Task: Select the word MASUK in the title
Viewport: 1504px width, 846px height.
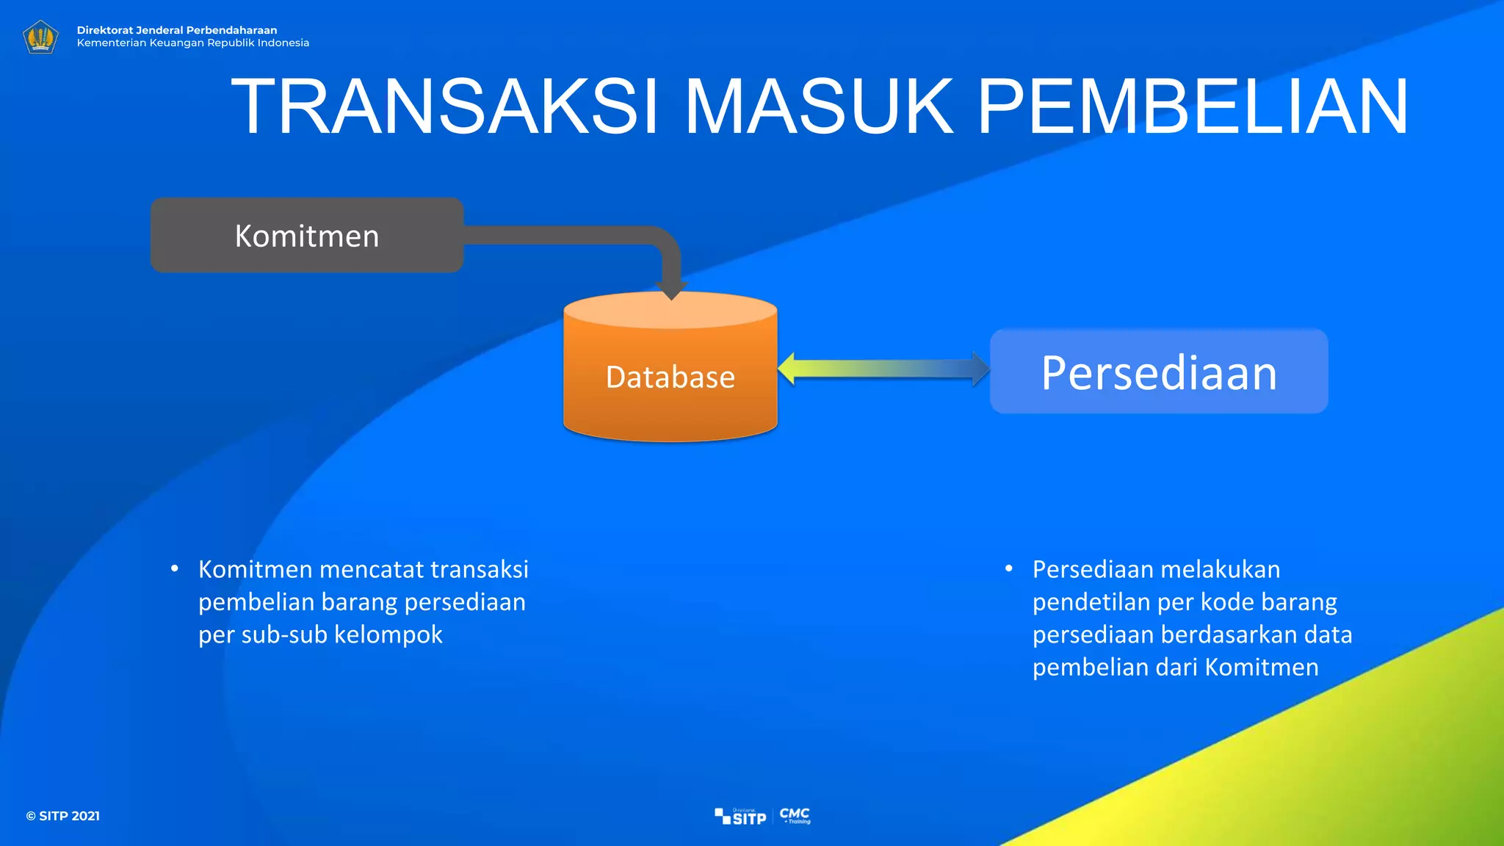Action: click(x=818, y=107)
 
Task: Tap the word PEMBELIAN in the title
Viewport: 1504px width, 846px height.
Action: click(x=1193, y=107)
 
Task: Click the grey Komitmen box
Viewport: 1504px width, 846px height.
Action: click(x=307, y=236)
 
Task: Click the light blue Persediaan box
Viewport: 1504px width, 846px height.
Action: click(x=1159, y=372)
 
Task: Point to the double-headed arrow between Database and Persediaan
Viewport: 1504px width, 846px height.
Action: click(x=883, y=369)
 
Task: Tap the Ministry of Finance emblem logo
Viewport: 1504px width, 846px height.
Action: click(x=40, y=37)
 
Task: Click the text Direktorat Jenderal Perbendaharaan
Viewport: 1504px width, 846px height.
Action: click(x=177, y=30)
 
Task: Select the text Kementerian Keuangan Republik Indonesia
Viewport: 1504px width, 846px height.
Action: click(x=193, y=43)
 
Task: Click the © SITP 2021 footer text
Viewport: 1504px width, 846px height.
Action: click(x=63, y=816)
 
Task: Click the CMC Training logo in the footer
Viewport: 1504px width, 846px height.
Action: click(x=795, y=815)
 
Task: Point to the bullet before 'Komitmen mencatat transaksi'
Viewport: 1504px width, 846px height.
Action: click(x=175, y=569)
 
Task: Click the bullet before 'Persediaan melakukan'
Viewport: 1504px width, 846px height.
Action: click(x=1009, y=569)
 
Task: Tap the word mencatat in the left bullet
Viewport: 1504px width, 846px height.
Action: click(x=372, y=570)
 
